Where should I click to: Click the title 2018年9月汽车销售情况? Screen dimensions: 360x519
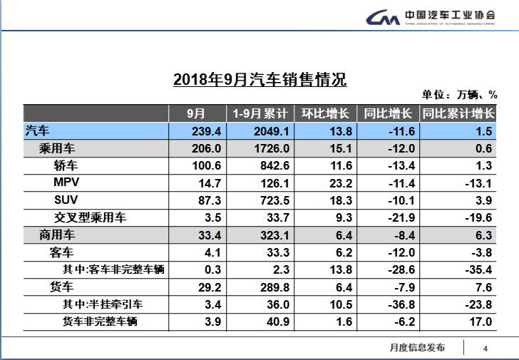point(259,79)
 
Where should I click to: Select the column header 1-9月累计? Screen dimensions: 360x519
point(260,114)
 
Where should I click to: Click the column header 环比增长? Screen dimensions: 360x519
point(324,114)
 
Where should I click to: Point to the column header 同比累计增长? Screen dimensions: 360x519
point(458,114)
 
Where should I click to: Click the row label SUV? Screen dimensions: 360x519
point(66,200)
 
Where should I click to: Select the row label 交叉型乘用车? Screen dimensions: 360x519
point(90,217)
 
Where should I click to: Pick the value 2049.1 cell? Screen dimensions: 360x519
point(259,131)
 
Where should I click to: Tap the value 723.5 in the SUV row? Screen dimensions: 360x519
point(259,200)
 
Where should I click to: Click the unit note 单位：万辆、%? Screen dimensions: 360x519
point(458,95)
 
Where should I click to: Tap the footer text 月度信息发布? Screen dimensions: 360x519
point(417,347)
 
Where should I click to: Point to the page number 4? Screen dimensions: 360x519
point(485,348)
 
